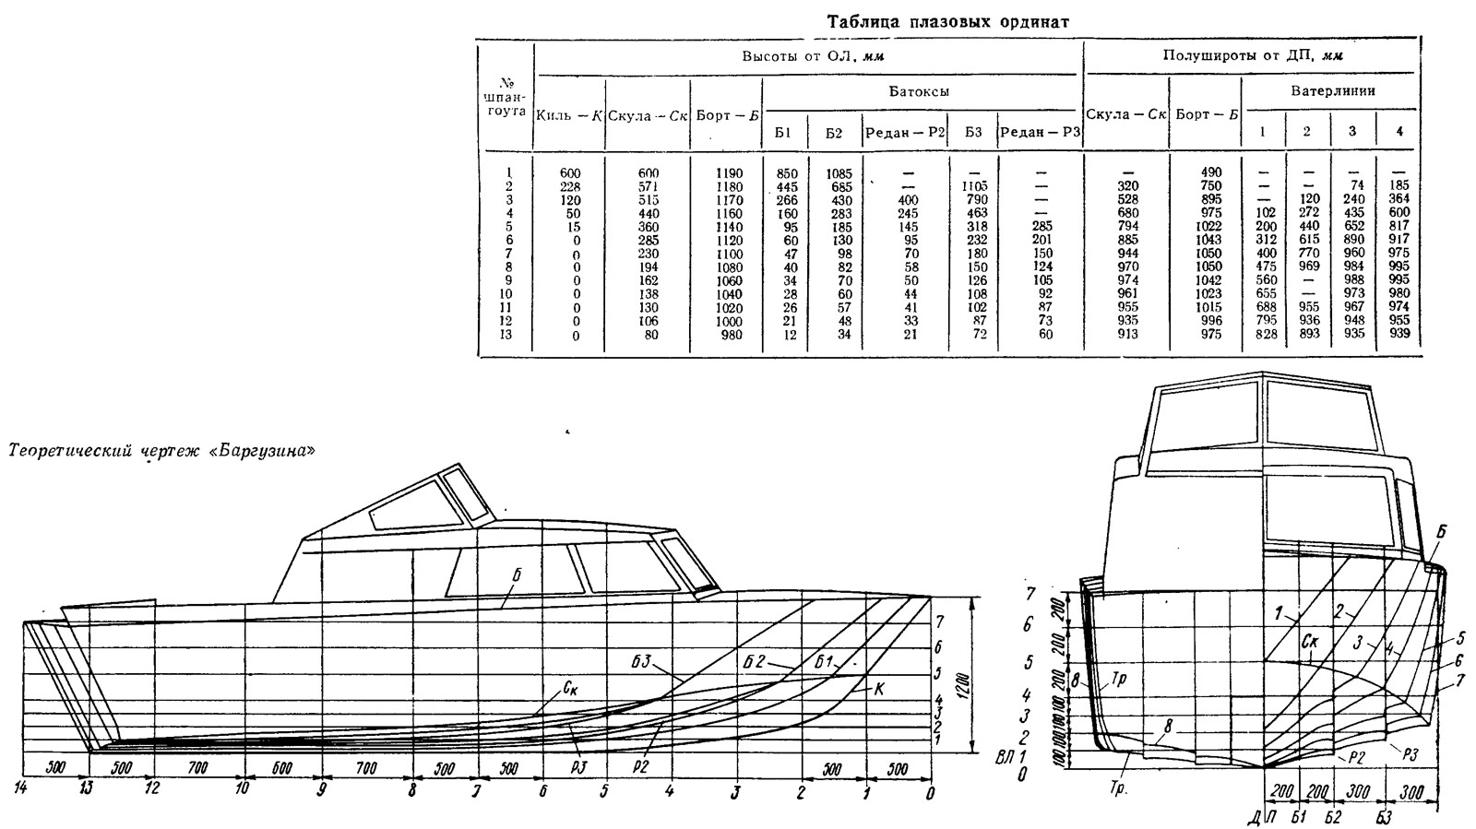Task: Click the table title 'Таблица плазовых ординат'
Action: (948, 22)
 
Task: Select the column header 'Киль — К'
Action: (570, 116)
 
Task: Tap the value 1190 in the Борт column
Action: (729, 173)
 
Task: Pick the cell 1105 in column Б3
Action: (974, 186)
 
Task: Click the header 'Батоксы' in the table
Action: (919, 91)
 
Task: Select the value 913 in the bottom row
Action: (1128, 334)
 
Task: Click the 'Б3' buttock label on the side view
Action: (641, 662)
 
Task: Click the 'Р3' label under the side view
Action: (579, 768)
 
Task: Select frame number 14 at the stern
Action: (20, 788)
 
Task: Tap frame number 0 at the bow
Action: (930, 793)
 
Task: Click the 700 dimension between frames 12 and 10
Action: (197, 768)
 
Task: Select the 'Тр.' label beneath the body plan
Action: (1117, 788)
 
